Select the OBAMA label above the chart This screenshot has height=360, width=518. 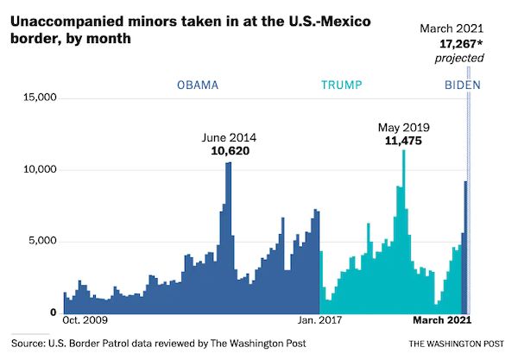[198, 85]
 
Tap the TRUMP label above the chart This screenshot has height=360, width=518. [341, 85]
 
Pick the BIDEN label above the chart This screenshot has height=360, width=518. [462, 85]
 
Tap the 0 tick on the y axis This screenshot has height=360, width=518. [54, 313]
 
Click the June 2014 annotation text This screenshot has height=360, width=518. [229, 136]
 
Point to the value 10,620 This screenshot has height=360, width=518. [229, 150]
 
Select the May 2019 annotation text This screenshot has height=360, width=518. [403, 128]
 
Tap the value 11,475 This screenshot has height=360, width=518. [403, 142]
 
